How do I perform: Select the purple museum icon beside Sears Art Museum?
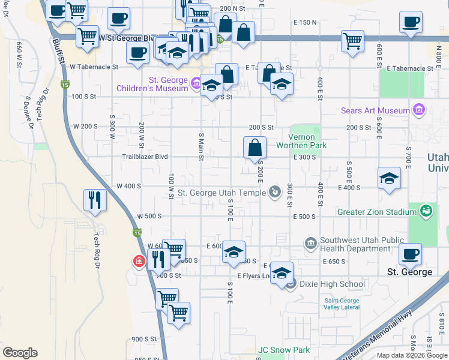pos(419,110)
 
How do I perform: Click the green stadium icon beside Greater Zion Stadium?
pos(426,211)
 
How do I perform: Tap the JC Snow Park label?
pos(284,350)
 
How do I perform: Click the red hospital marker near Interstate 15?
pos(139,261)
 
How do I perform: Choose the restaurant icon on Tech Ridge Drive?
pos(95,200)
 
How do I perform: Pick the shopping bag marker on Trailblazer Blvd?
pos(255,146)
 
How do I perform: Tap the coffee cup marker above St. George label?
pos(410,254)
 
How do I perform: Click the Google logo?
pos(20,353)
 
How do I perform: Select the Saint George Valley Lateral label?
pos(342,304)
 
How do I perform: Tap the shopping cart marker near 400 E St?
pos(352,41)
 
